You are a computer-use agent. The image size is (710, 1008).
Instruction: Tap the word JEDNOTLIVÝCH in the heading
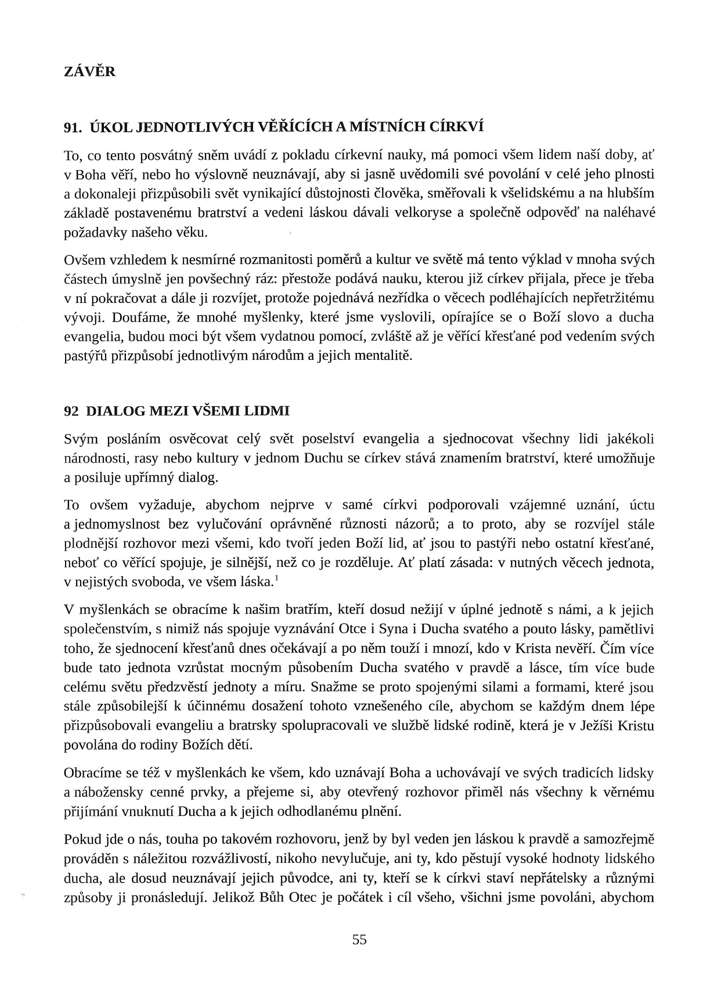click(173, 128)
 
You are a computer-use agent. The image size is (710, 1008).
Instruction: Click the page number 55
click(359, 940)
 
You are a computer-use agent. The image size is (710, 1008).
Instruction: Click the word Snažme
click(334, 687)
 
